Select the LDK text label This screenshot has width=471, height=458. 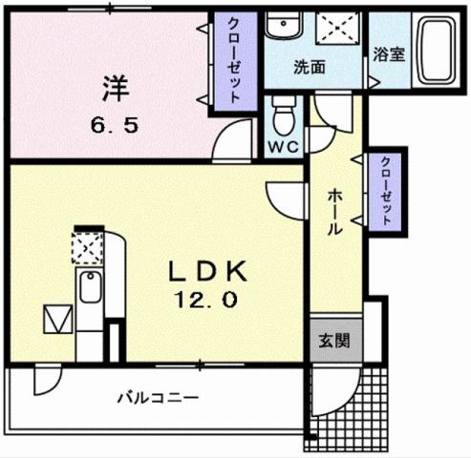point(209,272)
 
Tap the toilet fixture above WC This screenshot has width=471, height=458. point(283,117)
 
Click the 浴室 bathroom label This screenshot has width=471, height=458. point(389,54)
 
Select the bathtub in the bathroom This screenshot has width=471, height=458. point(438,52)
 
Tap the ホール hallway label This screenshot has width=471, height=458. point(335,212)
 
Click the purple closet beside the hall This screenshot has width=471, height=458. point(384,190)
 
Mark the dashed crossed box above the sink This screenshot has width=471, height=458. point(87,248)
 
